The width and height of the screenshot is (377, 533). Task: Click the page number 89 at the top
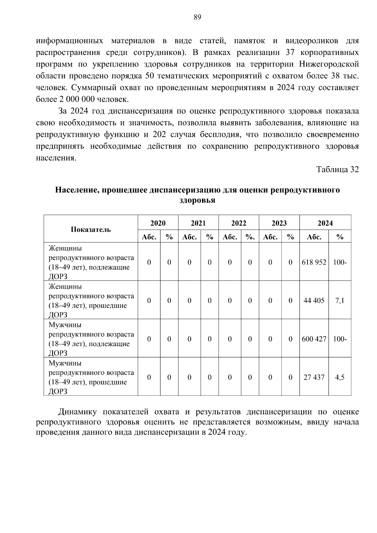tap(197, 17)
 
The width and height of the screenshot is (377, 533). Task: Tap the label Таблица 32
tap(337, 170)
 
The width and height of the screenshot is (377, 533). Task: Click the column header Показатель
tap(90, 229)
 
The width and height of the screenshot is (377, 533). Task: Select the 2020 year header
tap(158, 223)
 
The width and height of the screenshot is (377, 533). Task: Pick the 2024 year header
tap(325, 223)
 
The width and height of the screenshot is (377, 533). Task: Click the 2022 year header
tap(239, 223)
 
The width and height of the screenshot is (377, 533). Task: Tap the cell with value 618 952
tap(314, 262)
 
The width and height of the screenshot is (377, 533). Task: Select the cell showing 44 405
tap(314, 301)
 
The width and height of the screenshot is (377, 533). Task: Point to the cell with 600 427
tap(314, 339)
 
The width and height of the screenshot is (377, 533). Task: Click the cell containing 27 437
tap(314, 377)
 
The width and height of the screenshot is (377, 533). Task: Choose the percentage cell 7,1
tap(340, 301)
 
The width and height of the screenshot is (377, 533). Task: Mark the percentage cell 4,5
tap(340, 377)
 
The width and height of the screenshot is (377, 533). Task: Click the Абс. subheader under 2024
tap(314, 237)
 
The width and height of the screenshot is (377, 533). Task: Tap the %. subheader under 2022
tap(250, 237)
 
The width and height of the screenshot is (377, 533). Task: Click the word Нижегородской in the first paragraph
tap(329, 64)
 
